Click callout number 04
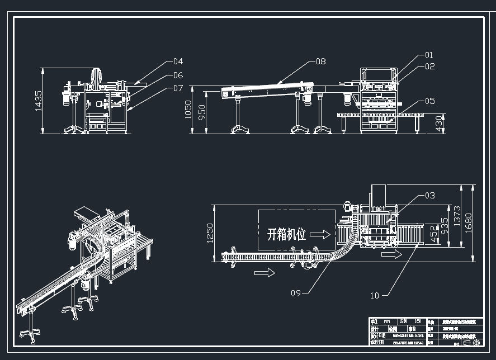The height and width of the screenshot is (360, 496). click(178, 61)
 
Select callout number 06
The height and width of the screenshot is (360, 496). click(178, 75)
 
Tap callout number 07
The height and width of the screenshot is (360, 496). click(178, 88)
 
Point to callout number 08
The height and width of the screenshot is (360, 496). click(320, 61)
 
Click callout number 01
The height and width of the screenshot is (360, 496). click(429, 55)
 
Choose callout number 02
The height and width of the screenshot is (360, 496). click(429, 67)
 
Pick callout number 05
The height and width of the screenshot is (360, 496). click(429, 101)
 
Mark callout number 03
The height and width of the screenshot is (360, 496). click(429, 196)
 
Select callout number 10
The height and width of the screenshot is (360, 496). click(374, 295)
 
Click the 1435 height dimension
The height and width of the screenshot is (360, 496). click(39, 101)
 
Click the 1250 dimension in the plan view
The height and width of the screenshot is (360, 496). click(210, 232)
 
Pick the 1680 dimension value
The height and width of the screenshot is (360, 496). click(469, 222)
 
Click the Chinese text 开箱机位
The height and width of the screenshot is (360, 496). click(286, 234)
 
